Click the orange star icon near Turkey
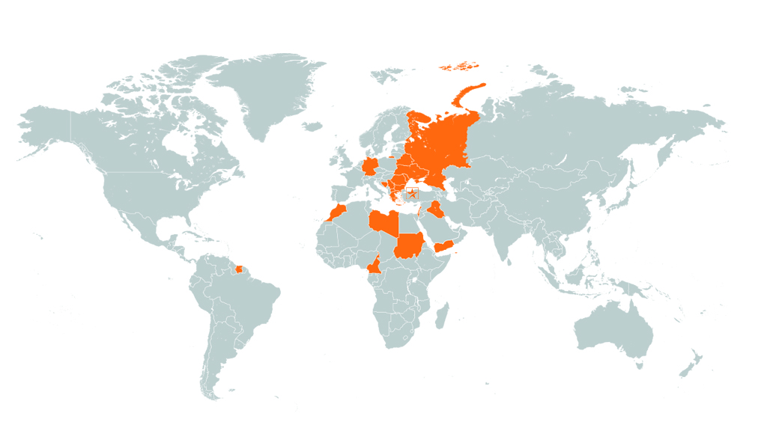click(x=411, y=195)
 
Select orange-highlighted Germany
click(x=371, y=166)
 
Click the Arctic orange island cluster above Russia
click(x=458, y=67)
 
